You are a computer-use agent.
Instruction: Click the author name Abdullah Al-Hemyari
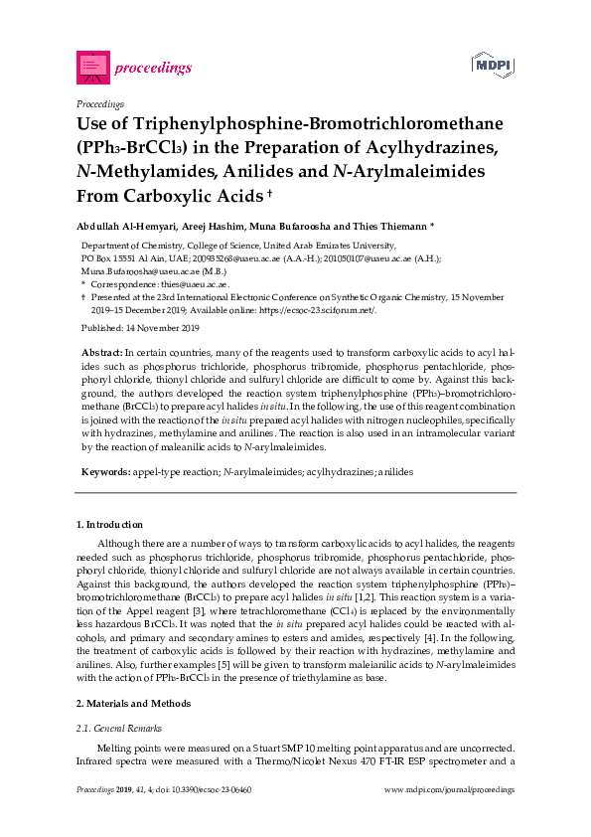(x=128, y=223)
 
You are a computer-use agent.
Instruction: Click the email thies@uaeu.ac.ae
(x=188, y=283)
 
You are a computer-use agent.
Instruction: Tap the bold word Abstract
(x=101, y=353)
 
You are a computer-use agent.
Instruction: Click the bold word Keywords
(x=103, y=470)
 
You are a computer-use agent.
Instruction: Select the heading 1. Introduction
(x=110, y=523)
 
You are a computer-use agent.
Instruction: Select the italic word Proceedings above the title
(x=99, y=103)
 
